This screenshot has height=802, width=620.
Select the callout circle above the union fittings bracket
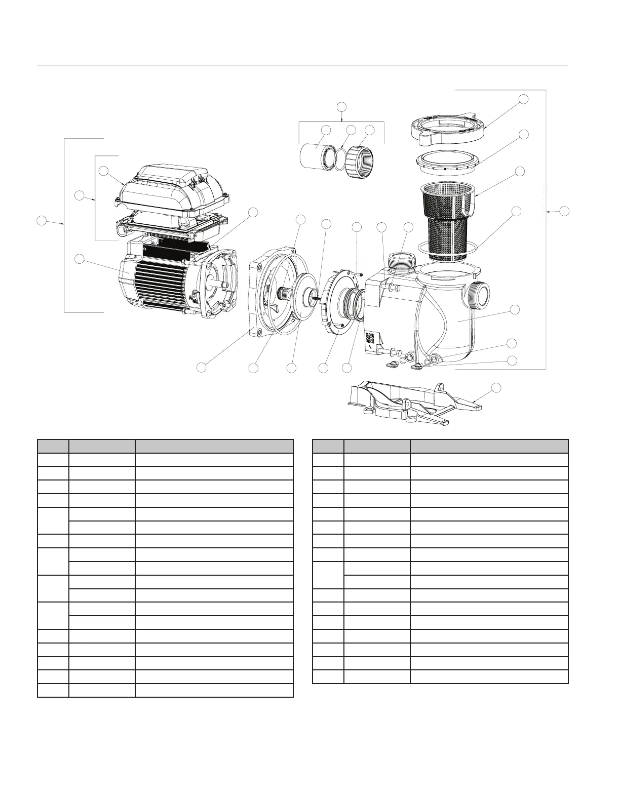(342, 106)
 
